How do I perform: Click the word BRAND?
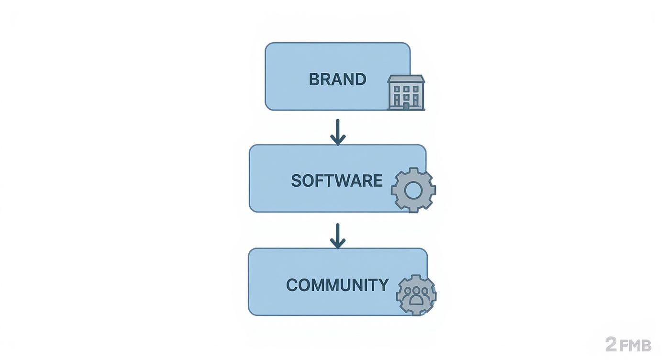337,79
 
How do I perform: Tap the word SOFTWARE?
336,180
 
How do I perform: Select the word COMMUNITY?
337,285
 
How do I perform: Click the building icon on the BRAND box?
406,92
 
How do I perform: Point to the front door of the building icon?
406,106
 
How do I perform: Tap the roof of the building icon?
406,79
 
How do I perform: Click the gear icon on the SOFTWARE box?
413,190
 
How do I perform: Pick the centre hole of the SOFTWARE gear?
412,190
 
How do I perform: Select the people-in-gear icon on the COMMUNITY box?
416,295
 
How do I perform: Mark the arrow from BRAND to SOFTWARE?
338,132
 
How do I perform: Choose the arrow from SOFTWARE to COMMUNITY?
338,236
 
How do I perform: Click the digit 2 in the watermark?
610,344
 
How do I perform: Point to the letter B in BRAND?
314,79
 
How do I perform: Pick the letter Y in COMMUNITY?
383,285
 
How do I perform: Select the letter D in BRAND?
361,79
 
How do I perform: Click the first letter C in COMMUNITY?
291,285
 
